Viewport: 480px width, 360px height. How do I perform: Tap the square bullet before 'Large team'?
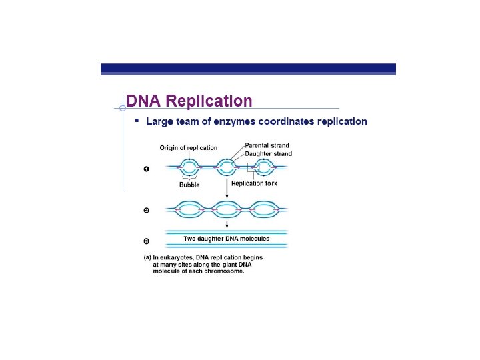pyautogui.click(x=137, y=121)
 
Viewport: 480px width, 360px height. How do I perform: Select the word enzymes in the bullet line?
pyautogui.click(x=236, y=122)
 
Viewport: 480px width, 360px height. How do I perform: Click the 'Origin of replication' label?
pyautogui.click(x=188, y=147)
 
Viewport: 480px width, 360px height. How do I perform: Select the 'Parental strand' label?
pyautogui.click(x=267, y=145)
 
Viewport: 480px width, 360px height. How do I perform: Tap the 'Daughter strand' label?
pyautogui.click(x=268, y=154)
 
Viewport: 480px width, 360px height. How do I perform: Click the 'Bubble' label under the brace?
pyautogui.click(x=189, y=185)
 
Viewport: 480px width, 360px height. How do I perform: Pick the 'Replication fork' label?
pyautogui.click(x=254, y=183)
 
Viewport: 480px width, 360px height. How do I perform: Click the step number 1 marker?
pyautogui.click(x=147, y=169)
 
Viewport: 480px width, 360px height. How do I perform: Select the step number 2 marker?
pyautogui.click(x=147, y=211)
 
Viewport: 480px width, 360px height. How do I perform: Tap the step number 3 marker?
pyautogui.click(x=147, y=241)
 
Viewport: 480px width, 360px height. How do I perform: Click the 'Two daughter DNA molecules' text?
pyautogui.click(x=227, y=238)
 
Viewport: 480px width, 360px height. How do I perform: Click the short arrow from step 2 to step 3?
pyautogui.click(x=227, y=225)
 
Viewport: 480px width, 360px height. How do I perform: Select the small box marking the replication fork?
pyautogui.click(x=252, y=167)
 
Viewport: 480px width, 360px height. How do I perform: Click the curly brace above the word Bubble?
pyautogui.click(x=189, y=178)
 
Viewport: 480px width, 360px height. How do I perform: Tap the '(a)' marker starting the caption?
pyautogui.click(x=148, y=257)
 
